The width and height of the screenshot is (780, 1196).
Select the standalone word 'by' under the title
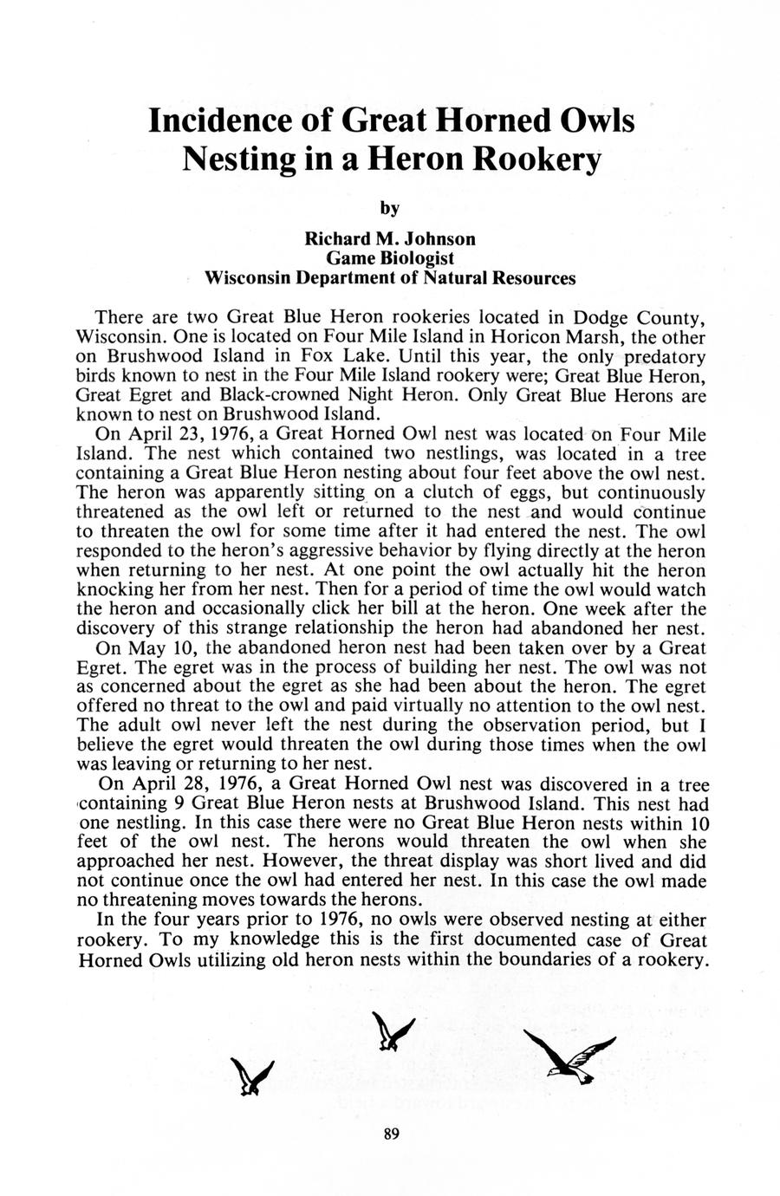coord(390,208)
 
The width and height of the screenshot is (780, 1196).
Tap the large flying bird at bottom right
coord(571,1056)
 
